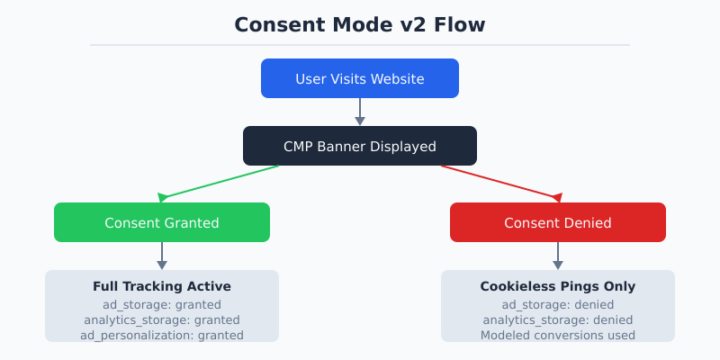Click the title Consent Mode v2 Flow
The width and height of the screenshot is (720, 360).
(360, 24)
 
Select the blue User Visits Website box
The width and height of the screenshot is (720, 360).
(360, 78)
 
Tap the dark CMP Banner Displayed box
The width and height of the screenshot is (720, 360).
(360, 146)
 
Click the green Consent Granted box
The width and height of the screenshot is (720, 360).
(162, 222)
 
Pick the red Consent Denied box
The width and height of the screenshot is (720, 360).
(558, 222)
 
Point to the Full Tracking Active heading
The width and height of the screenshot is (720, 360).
(162, 286)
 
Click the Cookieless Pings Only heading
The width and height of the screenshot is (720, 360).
(558, 286)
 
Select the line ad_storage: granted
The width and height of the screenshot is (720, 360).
(162, 304)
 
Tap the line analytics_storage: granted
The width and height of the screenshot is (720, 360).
(162, 319)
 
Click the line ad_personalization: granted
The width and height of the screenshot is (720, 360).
(162, 335)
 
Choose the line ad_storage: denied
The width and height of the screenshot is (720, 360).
(558, 304)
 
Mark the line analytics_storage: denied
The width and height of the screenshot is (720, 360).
(558, 319)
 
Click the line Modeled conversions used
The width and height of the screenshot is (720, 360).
(558, 335)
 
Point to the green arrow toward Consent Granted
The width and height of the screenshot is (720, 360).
(220, 182)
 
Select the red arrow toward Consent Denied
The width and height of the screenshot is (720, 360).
(499, 182)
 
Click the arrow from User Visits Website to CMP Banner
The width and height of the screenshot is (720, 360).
(360, 112)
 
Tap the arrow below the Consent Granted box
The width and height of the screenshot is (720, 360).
(162, 256)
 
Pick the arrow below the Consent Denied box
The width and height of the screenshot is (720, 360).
(558, 256)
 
